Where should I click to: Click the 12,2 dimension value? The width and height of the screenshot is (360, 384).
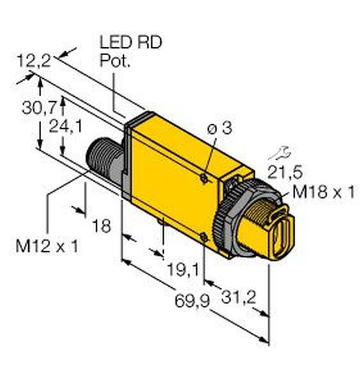coord(34,61)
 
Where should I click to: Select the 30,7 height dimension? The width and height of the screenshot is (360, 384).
coord(39,108)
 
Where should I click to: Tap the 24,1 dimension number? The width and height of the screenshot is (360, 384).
coord(65,126)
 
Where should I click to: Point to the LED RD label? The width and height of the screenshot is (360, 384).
coord(131,42)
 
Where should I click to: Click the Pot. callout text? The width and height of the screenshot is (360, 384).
coord(115,61)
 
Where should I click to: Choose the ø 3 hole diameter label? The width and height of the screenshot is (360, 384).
coord(220,128)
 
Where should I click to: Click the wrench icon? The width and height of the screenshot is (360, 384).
coord(280,154)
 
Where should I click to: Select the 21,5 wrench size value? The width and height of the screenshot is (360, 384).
coord(285,172)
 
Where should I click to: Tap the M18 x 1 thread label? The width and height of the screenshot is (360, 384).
coord(323,191)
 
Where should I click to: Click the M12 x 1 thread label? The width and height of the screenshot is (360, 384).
coord(47,246)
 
